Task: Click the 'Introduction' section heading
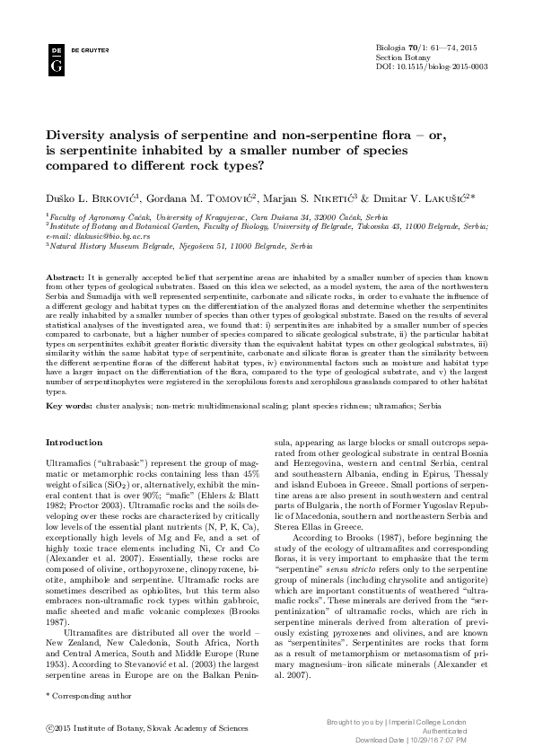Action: click(74, 443)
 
